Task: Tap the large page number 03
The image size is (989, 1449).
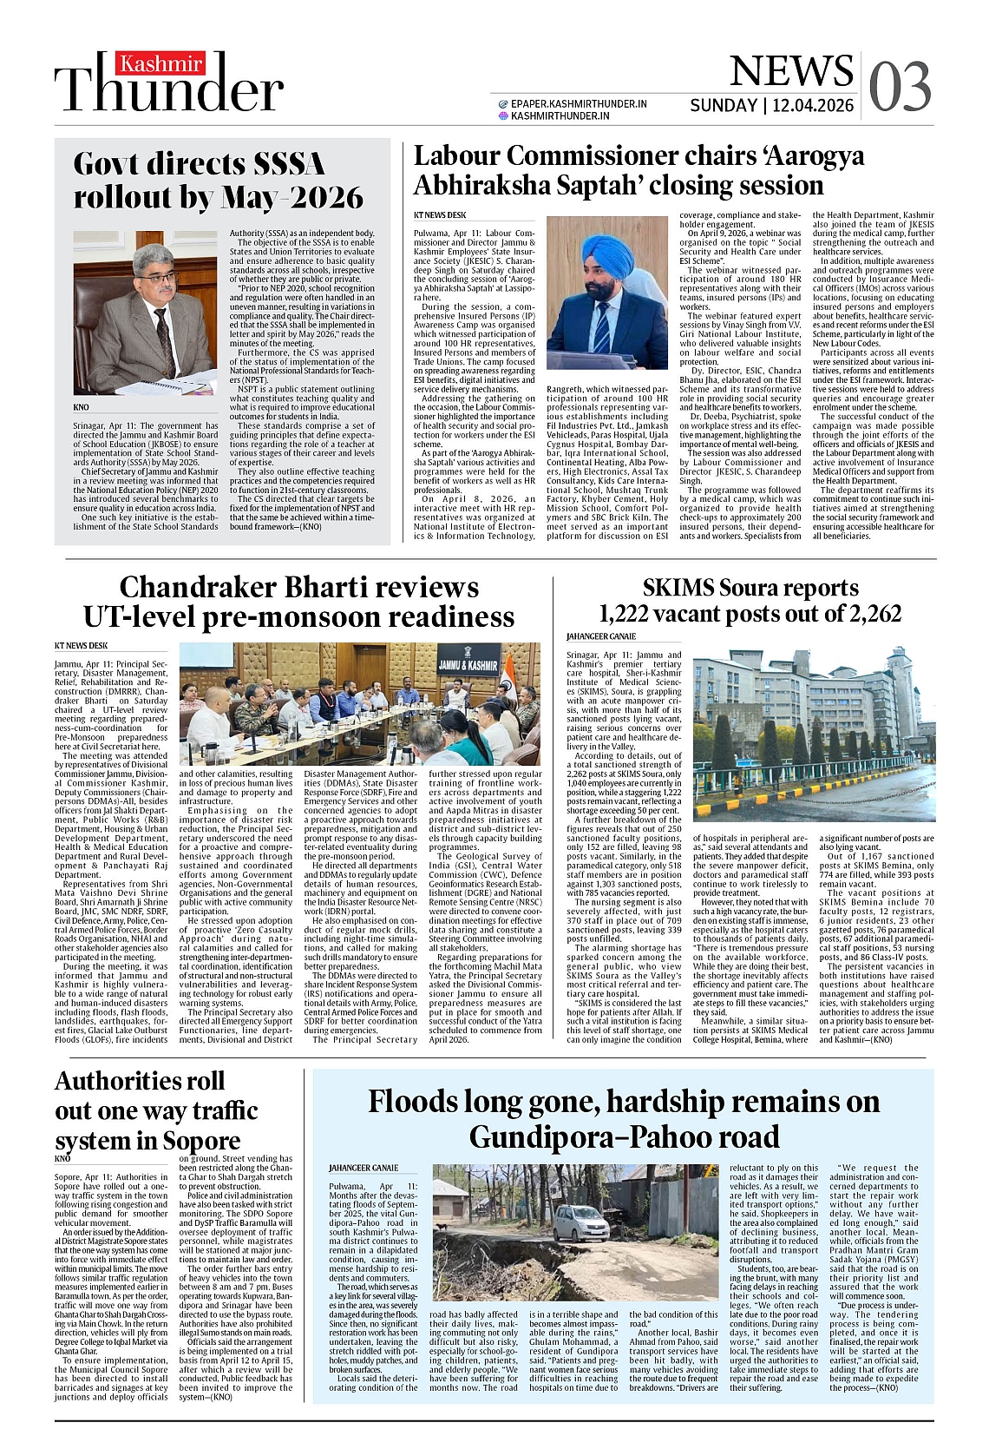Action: (x=900, y=87)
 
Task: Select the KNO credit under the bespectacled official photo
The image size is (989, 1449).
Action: (x=81, y=407)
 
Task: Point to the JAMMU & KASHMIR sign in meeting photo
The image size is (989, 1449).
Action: (x=468, y=666)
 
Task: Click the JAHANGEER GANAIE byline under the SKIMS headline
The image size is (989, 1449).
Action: (x=600, y=636)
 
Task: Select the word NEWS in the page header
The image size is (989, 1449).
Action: (x=791, y=71)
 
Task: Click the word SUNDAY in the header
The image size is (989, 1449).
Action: (x=723, y=106)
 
